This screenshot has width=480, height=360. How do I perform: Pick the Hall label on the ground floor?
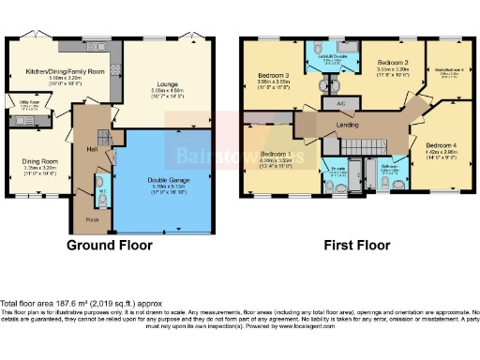point(93,147)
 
